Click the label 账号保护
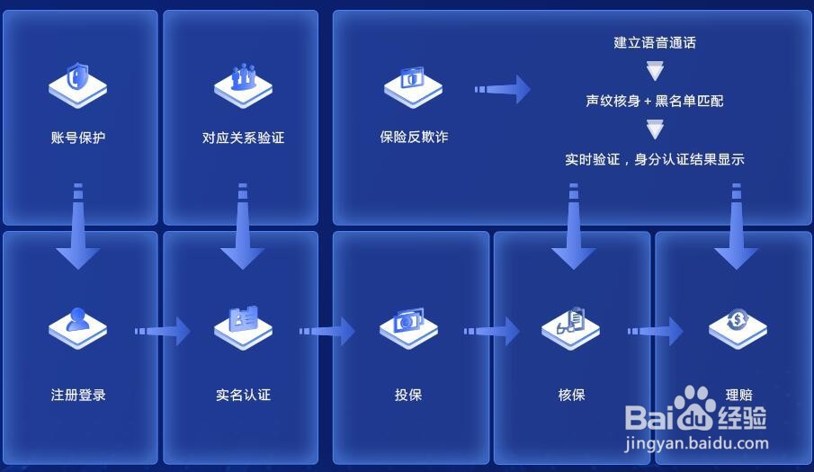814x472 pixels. (78, 138)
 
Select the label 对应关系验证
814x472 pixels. (243, 138)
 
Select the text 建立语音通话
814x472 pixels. (655, 42)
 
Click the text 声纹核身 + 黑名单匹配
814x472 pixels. (655, 101)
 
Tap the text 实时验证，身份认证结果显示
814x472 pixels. (655, 159)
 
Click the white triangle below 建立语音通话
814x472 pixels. (655, 70)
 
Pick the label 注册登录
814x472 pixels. (78, 395)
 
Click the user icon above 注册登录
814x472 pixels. (78, 325)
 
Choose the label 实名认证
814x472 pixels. (243, 395)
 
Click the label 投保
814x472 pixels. (408, 395)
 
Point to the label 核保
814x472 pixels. (572, 395)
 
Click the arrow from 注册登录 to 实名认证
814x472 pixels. (163, 331)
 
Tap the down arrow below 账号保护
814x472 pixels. (78, 229)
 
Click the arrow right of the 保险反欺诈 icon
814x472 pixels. (503, 89)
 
